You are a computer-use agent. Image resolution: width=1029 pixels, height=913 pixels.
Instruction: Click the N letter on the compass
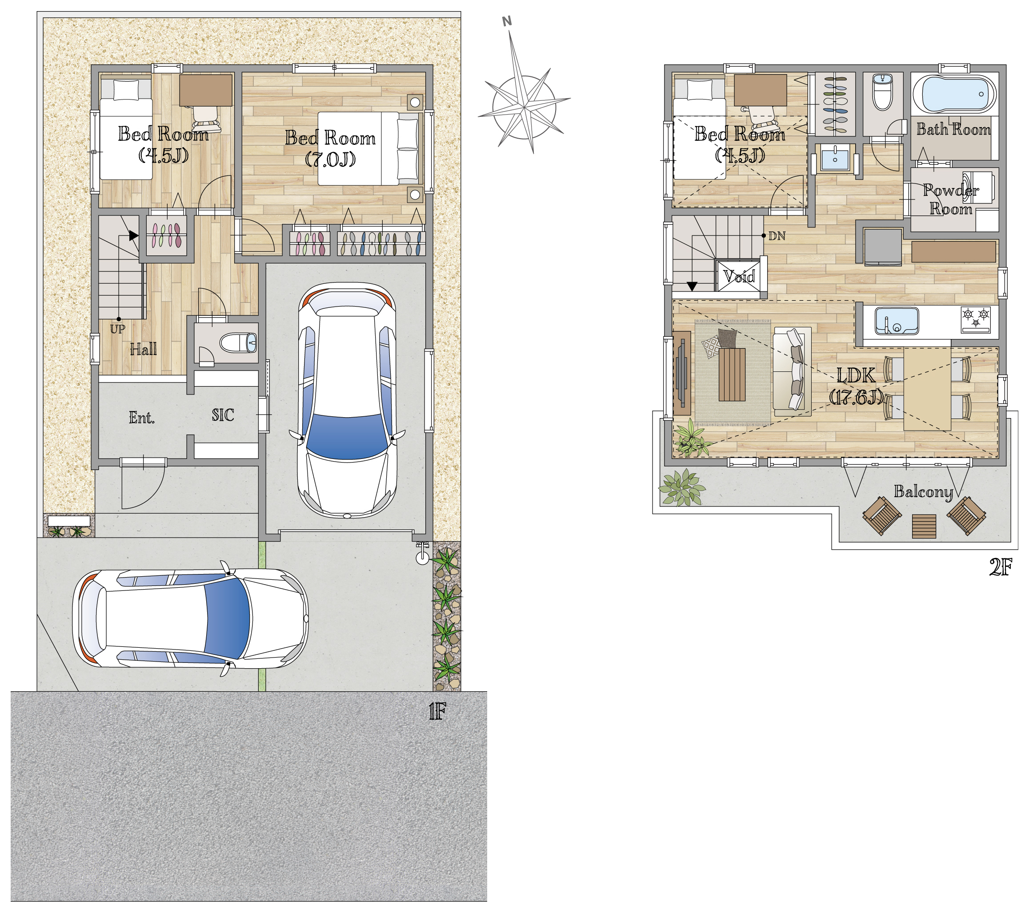point(507,21)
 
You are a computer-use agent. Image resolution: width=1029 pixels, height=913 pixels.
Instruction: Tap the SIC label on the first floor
point(223,415)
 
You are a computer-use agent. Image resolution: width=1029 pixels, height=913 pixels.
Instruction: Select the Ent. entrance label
point(142,418)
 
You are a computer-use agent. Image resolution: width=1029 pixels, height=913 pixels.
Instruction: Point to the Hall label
point(144,349)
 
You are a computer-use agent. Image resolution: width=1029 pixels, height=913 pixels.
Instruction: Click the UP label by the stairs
point(117,329)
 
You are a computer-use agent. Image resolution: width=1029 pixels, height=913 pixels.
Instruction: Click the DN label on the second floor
point(777,236)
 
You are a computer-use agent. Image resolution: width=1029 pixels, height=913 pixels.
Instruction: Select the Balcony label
point(923,492)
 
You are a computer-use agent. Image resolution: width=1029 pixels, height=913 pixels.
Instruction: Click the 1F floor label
point(437,712)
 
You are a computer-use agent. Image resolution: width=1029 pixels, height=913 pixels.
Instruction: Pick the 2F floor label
point(1000,567)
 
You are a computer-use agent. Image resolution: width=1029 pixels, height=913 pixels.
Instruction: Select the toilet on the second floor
point(882,92)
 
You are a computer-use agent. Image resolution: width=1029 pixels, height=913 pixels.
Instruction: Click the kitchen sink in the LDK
point(897,321)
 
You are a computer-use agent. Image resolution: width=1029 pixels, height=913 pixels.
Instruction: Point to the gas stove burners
point(976,319)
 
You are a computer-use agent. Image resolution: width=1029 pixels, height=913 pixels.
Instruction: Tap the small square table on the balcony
point(924,526)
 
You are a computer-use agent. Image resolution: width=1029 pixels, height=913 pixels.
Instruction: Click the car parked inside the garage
point(347,400)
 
